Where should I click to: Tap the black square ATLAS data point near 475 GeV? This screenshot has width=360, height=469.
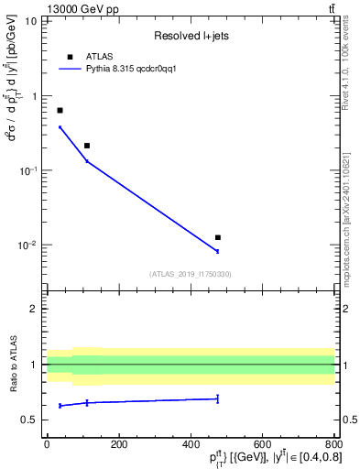click(217, 237)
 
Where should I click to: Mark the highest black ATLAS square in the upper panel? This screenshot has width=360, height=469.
click(60, 110)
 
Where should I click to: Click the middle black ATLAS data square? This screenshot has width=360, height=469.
click(87, 146)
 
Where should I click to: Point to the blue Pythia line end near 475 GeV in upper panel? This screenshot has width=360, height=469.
click(217, 251)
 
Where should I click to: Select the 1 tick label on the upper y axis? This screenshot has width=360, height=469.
click(33, 95)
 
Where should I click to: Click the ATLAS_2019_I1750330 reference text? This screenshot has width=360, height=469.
click(191, 274)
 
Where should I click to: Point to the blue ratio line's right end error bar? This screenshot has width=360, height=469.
click(217, 398)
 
